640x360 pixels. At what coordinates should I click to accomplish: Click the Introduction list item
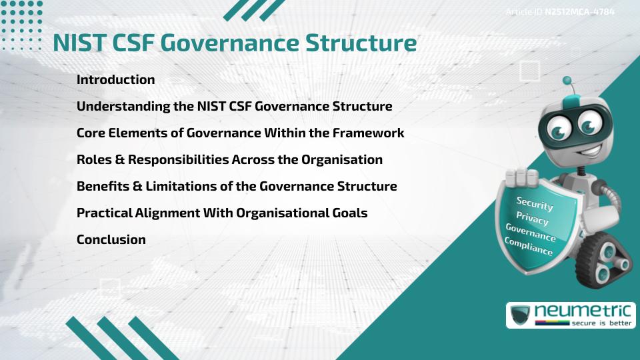[115, 79]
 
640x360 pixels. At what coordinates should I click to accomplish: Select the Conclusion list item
[111, 239]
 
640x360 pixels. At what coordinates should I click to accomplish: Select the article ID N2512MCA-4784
[579, 11]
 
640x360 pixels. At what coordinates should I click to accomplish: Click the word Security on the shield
[535, 203]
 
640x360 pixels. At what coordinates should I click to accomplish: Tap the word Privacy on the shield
[532, 219]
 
